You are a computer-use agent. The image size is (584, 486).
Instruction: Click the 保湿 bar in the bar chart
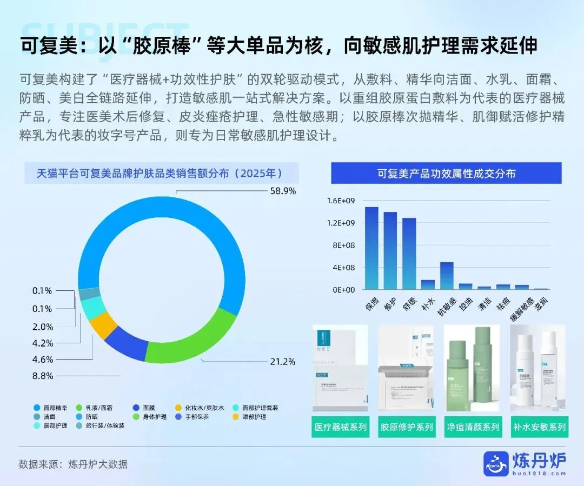click(x=371, y=248)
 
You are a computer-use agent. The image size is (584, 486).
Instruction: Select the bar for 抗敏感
click(x=446, y=276)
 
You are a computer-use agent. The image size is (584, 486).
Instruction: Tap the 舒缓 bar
click(x=409, y=254)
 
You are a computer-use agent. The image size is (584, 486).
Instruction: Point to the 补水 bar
click(x=428, y=284)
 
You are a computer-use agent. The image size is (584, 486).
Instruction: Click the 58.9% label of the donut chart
click(x=282, y=191)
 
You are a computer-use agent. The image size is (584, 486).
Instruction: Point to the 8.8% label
click(x=43, y=376)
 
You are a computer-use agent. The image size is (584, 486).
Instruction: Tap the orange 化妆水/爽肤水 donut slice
click(x=102, y=325)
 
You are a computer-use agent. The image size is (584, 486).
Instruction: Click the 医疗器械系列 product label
click(x=340, y=427)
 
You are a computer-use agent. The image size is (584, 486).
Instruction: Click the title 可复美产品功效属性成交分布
click(x=446, y=174)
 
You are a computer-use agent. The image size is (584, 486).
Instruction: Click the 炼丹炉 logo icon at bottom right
click(x=496, y=464)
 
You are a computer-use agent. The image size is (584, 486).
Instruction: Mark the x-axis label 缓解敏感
click(x=522, y=309)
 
